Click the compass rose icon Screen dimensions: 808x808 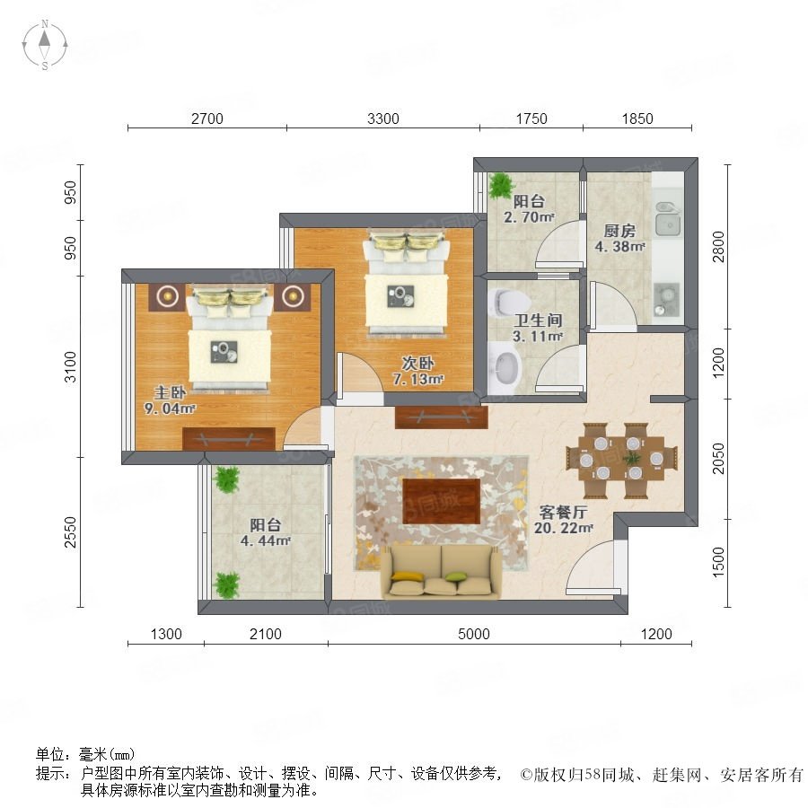[x=45, y=45]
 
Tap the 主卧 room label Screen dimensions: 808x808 [x=170, y=392]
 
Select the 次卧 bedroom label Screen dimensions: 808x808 [x=417, y=364]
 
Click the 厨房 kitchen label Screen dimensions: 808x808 [x=619, y=231]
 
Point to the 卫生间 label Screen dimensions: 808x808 [x=538, y=321]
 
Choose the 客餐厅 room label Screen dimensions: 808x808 [x=563, y=513]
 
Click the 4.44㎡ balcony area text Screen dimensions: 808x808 [x=266, y=540]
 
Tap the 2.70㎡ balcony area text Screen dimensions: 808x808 [x=529, y=217]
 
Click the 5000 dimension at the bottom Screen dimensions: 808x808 [x=473, y=634]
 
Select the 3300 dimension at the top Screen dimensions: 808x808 [x=382, y=119]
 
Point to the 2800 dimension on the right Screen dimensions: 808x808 [x=718, y=247]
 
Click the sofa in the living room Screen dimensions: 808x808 [x=441, y=572]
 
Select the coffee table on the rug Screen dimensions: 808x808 [x=441, y=501]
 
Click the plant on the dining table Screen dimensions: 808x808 [x=631, y=458]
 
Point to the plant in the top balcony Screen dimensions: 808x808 [x=500, y=185]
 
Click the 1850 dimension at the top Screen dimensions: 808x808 [x=637, y=119]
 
